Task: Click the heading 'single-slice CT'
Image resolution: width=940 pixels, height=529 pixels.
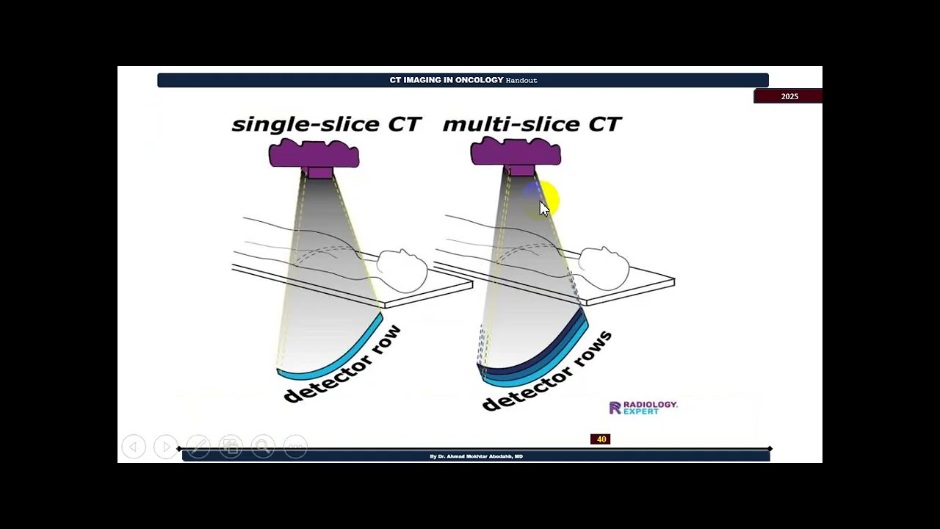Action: pyautogui.click(x=326, y=124)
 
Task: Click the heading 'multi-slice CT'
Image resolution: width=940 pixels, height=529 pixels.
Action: pyautogui.click(x=532, y=124)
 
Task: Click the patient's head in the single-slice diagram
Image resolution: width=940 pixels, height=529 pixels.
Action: pyautogui.click(x=402, y=270)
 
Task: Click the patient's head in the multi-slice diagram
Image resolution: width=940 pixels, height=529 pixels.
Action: pyautogui.click(x=604, y=268)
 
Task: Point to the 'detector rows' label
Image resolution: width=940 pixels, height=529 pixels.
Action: pyautogui.click(x=548, y=373)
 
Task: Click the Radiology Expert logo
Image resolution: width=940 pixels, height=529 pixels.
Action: pyautogui.click(x=643, y=408)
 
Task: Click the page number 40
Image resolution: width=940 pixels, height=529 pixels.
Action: pyautogui.click(x=601, y=439)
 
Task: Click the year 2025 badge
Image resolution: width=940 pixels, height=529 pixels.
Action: pyautogui.click(x=789, y=96)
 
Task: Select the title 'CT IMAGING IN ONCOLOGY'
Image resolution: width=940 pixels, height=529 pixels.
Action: pyautogui.click(x=446, y=80)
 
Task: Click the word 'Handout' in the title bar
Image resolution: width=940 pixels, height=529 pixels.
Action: pyautogui.click(x=521, y=80)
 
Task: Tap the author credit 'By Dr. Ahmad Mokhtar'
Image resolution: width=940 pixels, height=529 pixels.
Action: pyautogui.click(x=476, y=456)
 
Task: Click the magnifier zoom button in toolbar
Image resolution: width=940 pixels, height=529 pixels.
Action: pyautogui.click(x=262, y=447)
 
